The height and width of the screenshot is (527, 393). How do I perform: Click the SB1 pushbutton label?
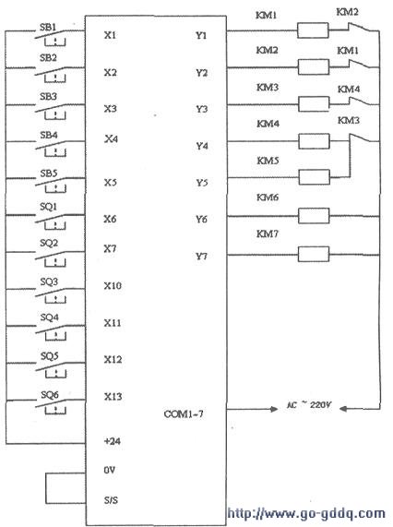48,27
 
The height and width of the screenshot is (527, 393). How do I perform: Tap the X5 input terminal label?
110,183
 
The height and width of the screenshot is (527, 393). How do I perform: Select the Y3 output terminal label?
201,109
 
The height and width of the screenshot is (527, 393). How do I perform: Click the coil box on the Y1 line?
313,30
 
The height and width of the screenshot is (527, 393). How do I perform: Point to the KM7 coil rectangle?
314,254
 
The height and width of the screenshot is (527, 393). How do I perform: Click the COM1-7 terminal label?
184,413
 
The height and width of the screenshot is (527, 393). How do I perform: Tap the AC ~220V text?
309,405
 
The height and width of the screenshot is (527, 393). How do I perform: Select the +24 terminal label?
113,441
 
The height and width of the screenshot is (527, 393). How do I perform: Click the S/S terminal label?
111,500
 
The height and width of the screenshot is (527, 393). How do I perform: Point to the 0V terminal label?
110,470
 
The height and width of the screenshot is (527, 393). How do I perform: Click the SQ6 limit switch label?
50,395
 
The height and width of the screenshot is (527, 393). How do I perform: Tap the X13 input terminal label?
113,397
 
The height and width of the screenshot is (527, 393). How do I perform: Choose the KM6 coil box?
314,216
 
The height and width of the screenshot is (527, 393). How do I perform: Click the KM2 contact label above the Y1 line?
347,12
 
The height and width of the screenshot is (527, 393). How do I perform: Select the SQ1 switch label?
49,207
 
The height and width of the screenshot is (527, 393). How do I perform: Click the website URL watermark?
306,513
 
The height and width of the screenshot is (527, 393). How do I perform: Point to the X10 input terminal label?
113,286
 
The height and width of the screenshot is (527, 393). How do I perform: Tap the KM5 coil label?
268,161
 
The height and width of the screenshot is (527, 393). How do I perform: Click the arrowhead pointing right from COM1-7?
273,409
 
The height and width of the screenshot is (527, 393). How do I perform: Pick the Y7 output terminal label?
201,257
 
